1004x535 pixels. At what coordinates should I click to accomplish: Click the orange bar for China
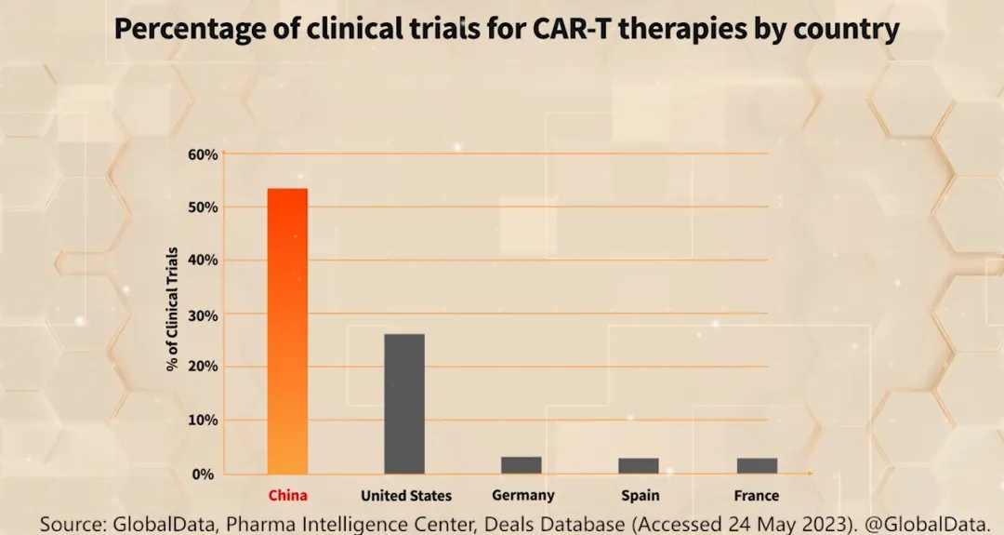coord(287,330)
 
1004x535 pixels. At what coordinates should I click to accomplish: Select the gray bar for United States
coord(404,403)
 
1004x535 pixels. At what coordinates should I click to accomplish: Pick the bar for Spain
coord(639,465)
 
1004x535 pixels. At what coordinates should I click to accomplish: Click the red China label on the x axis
coord(287,496)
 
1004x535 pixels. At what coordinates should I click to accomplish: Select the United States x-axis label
coord(406,496)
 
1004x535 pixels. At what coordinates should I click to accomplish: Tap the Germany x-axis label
coord(523,496)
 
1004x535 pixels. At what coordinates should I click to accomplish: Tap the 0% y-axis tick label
coord(205,474)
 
